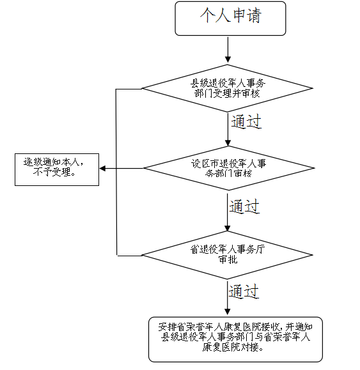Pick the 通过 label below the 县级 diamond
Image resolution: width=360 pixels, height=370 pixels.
[x=246, y=121]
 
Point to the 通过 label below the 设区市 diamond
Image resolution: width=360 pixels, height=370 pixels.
[x=245, y=206]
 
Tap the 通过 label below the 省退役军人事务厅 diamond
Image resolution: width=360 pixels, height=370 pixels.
[x=244, y=291]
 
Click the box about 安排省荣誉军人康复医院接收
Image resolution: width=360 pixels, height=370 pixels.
[x=235, y=338]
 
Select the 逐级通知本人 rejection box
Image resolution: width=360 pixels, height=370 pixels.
[x=57, y=169]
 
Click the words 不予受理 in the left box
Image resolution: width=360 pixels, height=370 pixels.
[x=57, y=173]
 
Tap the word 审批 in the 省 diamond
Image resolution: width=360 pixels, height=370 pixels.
[x=228, y=260]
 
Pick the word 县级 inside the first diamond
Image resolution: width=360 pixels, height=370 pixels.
[x=200, y=83]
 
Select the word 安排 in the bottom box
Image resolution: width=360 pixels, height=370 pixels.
[x=167, y=327]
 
